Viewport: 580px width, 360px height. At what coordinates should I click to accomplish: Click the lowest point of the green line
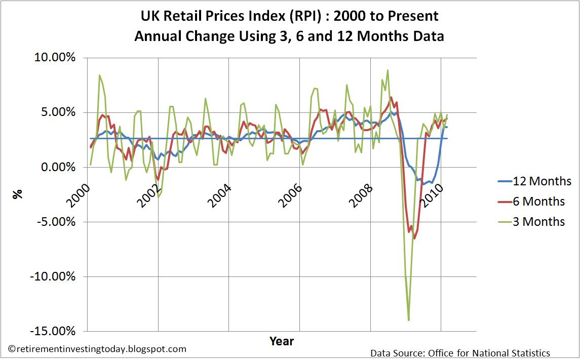click(408, 320)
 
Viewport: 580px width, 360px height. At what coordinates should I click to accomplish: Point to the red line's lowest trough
click(414, 238)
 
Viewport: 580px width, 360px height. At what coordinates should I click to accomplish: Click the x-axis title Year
click(281, 341)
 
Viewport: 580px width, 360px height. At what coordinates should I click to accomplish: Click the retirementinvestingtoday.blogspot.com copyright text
click(98, 349)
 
